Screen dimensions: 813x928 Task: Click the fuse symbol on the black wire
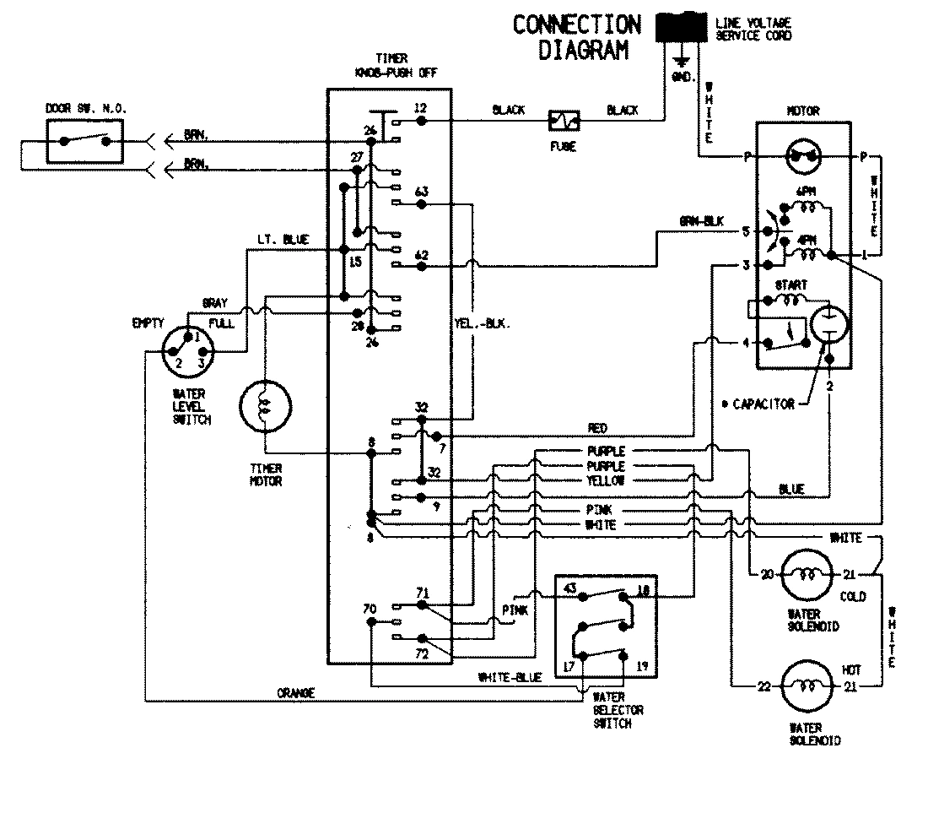[563, 121]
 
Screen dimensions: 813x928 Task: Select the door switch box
[84, 141]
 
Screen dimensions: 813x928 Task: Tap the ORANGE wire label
[295, 693]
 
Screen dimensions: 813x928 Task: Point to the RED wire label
[596, 429]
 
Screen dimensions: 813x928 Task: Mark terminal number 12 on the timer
[420, 108]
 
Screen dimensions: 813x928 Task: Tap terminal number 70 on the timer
[370, 607]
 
